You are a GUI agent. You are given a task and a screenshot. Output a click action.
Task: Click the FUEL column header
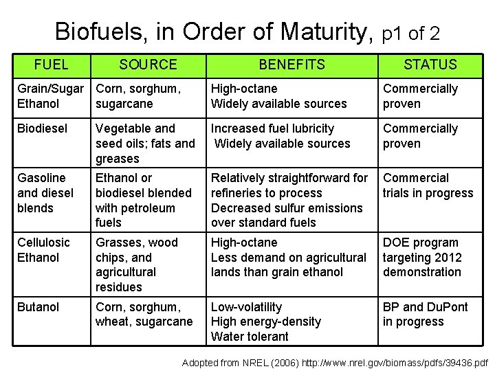point(52,65)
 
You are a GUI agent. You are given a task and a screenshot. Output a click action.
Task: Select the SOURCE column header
point(148,65)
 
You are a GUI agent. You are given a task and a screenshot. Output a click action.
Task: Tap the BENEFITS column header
point(291,65)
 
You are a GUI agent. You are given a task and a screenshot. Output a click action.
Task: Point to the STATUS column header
point(430,65)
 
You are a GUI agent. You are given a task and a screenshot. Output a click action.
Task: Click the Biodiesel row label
point(39,128)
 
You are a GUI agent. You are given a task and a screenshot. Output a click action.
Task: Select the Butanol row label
point(38,307)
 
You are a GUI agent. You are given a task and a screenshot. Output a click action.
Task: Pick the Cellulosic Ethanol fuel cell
point(43,250)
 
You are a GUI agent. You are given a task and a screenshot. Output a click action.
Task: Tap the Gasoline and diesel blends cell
point(45,192)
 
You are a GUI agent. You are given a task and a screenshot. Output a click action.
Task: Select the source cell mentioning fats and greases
point(145,144)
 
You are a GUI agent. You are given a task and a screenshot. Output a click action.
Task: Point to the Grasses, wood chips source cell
point(136,265)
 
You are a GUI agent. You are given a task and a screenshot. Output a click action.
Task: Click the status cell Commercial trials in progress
point(428,185)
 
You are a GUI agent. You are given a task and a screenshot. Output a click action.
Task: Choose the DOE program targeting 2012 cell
point(422,257)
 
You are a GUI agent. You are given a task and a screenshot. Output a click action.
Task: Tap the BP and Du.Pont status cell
point(425,314)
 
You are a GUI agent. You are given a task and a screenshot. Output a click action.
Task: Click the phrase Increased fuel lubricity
point(272,128)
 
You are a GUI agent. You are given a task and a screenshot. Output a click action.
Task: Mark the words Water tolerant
point(250,337)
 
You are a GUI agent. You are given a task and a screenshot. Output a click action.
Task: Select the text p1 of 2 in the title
point(410,33)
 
